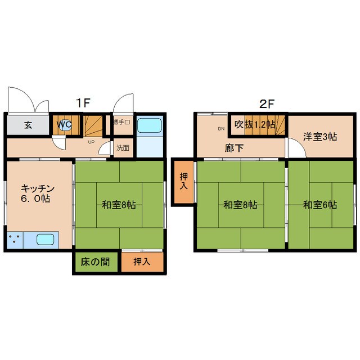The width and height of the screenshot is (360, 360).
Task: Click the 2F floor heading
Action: pos(266,103)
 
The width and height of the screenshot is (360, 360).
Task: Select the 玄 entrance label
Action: pos(28,125)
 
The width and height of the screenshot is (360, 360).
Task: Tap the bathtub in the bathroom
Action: pos(150,127)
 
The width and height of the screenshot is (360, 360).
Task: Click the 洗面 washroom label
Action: pos(123,148)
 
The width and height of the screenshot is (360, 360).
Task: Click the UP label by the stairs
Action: pos(91,142)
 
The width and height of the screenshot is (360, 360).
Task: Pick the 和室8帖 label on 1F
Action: pos(119,205)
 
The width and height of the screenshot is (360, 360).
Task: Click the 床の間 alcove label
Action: pos(94,262)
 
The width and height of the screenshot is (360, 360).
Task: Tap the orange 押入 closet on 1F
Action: pos(141,262)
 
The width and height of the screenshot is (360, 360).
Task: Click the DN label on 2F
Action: pos(220,128)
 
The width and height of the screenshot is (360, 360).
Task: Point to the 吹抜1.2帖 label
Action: pos(255,124)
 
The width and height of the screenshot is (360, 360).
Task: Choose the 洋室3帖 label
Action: pos(320,136)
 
